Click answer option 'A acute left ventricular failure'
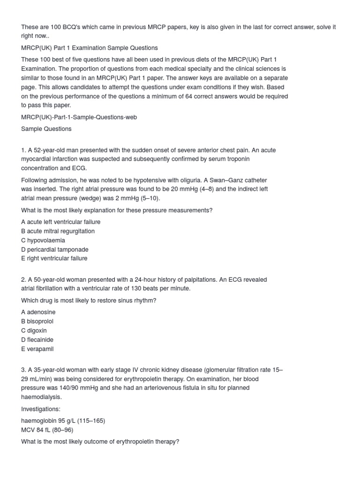pyautogui.click(x=60, y=222)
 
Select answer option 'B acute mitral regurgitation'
pyautogui.click(x=58, y=231)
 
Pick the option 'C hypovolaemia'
pyautogui.click(x=43, y=240)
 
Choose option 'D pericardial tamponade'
pyautogui.click(x=55, y=249)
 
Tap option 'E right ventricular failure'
pyautogui.click(x=54, y=258)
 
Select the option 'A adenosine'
pyautogui.click(x=38, y=312)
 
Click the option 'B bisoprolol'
pyautogui.click(x=37, y=322)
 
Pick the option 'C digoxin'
pyautogui.click(x=34, y=330)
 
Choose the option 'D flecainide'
pyautogui.click(x=37, y=340)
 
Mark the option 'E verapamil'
pyautogui.click(x=37, y=349)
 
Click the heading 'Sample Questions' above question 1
pyautogui.click(x=46, y=129)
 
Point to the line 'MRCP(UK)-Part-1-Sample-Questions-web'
pyautogui.click(x=79, y=117)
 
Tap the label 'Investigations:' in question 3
pyautogui.click(x=41, y=409)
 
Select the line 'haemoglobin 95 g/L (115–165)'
pyautogui.click(x=63, y=420)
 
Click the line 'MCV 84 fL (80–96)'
pyautogui.click(x=47, y=430)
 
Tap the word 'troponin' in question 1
pyautogui.click(x=238, y=159)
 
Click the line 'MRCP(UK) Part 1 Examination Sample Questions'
pyautogui.click(x=89, y=48)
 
